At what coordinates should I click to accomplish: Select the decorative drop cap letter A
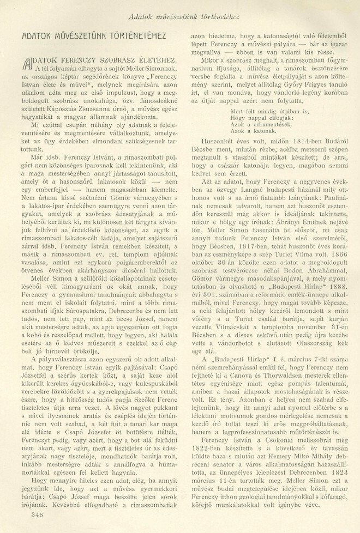tap(27, 63)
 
